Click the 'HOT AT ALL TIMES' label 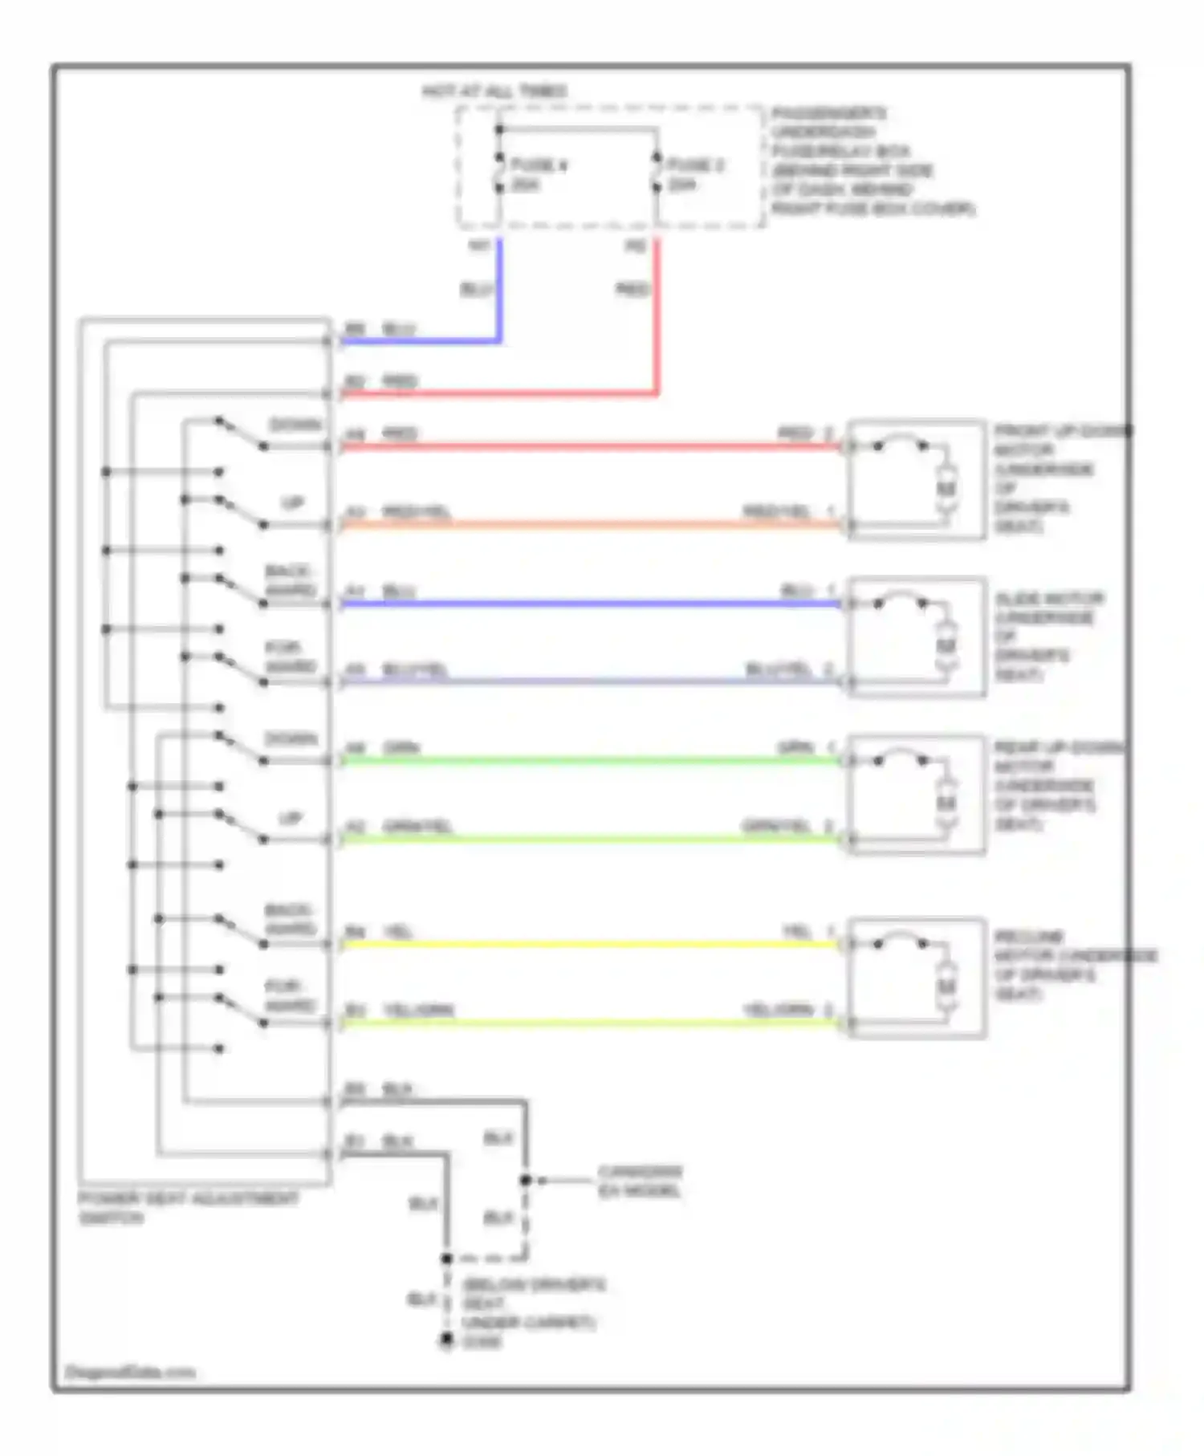pos(494,92)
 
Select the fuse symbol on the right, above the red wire pos(657,174)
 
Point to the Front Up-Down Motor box pos(916,479)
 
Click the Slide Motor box pos(916,636)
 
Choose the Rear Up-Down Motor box pos(916,795)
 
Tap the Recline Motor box pos(916,978)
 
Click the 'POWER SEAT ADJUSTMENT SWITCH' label pos(188,1207)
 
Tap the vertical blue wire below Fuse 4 pos(499,289)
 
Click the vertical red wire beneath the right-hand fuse pos(657,313)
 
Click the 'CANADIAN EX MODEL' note pos(639,1181)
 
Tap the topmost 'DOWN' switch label pos(295,425)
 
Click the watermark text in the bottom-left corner pos(129,1372)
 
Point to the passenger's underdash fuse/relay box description pos(872,161)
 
